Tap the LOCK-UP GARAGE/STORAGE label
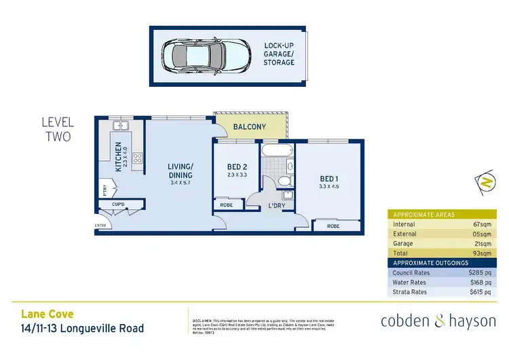pos(280,54)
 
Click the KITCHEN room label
pos(119,156)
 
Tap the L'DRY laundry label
pos(276,205)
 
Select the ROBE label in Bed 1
pos(333,226)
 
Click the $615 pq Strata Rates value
pos(479,292)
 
